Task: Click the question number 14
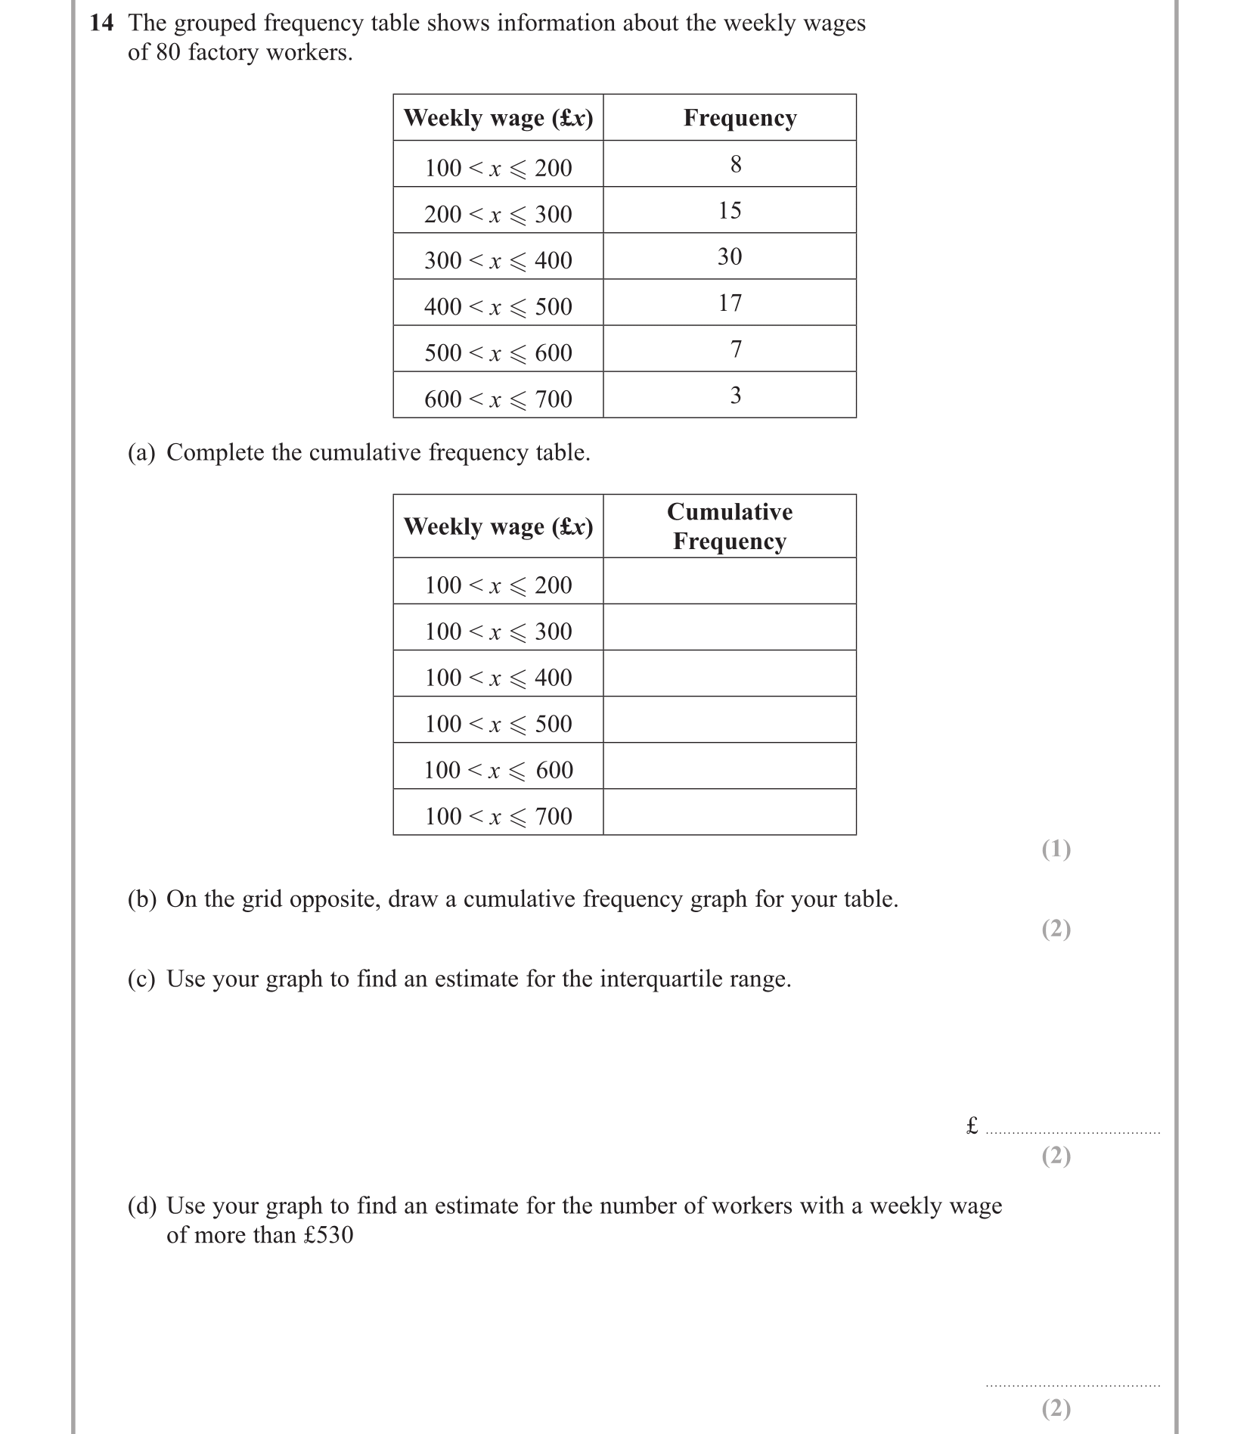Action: coord(101,23)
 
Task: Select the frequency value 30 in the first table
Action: coord(730,256)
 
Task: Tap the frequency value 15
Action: coord(730,210)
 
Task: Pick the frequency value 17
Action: coord(730,303)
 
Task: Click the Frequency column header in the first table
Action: coord(740,118)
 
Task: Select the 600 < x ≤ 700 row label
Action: coord(498,399)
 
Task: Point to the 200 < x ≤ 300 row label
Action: coord(498,214)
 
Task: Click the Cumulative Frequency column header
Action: coord(730,526)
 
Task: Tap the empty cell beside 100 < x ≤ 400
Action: coord(730,673)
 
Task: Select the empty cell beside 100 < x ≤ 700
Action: coord(730,812)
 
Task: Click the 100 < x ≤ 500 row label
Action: coord(498,724)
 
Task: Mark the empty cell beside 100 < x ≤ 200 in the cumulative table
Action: coord(730,581)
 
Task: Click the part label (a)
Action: coord(141,452)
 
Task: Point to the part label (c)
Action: coord(141,979)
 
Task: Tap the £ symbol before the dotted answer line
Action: coord(972,1125)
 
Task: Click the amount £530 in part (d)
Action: coord(328,1235)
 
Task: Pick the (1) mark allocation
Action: coord(1056,849)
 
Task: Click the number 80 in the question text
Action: coord(169,52)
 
